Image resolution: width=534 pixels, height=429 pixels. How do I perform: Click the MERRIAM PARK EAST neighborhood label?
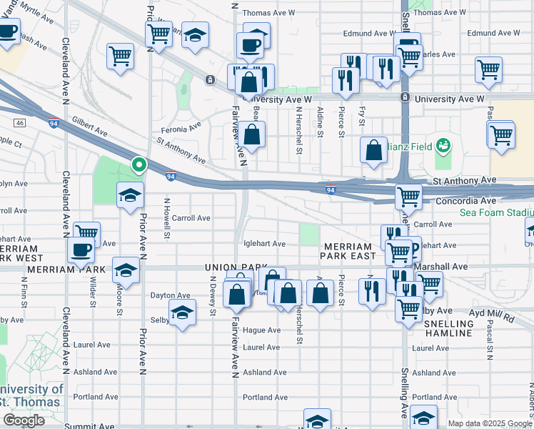(347, 250)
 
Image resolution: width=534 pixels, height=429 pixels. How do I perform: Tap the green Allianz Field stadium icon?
(443, 146)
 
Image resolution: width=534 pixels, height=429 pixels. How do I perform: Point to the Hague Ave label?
(261, 330)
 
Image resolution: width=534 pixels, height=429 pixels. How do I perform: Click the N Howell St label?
(168, 219)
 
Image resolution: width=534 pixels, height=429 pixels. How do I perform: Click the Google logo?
(24, 420)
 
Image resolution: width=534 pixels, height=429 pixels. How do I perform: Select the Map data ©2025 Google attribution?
(490, 423)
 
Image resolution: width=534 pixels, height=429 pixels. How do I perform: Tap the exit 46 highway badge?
(19, 123)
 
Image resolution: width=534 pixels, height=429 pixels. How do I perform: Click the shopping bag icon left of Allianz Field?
(373, 150)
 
